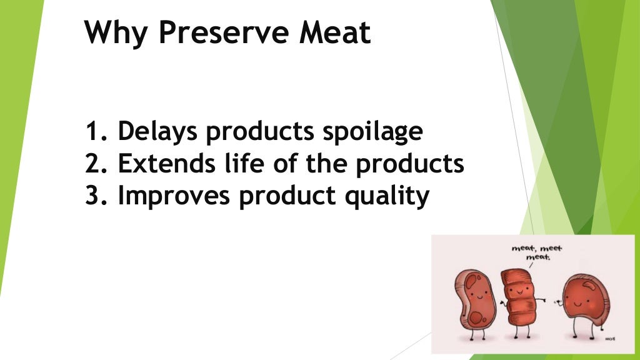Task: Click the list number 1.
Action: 94,132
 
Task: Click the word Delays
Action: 158,132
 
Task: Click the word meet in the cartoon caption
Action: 551,248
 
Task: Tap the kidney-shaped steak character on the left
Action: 477,301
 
